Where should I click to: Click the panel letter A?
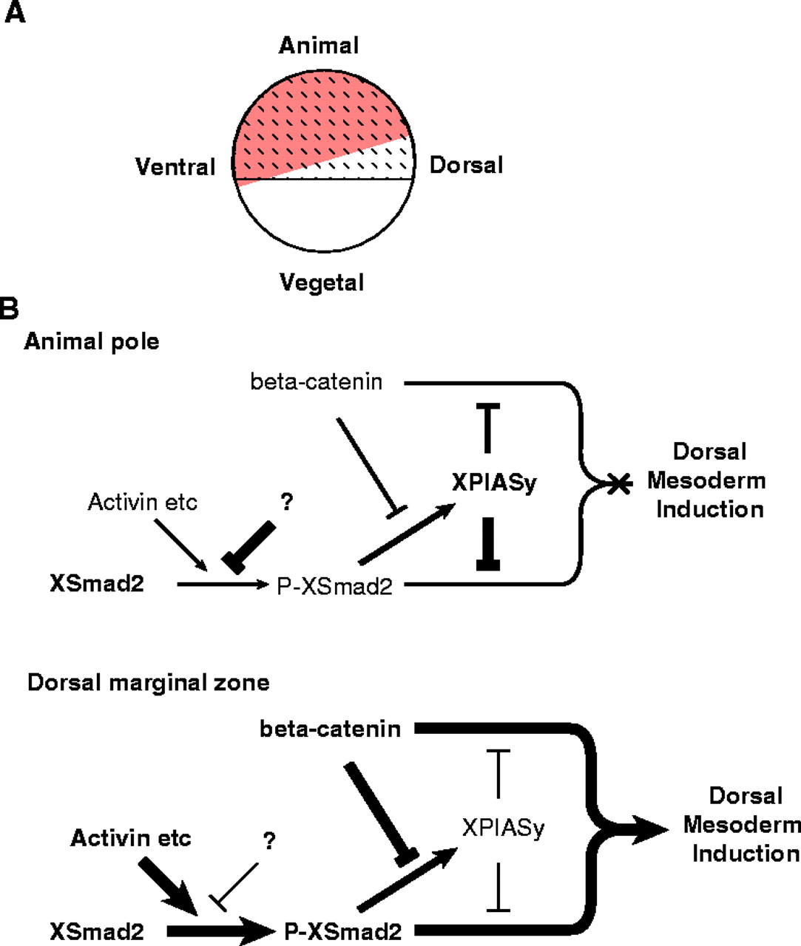click(x=15, y=13)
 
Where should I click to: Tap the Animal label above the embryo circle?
click(x=319, y=45)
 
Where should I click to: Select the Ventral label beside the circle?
click(x=175, y=166)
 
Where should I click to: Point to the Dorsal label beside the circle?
click(x=466, y=164)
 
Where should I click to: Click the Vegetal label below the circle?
click(x=322, y=282)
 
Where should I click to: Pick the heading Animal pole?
click(x=92, y=341)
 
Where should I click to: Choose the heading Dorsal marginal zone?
click(x=148, y=682)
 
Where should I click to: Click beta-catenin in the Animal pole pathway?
click(x=317, y=382)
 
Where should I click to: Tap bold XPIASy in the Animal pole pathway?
click(x=495, y=483)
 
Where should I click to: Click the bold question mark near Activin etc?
click(x=287, y=503)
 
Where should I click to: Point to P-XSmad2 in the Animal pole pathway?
click(x=335, y=586)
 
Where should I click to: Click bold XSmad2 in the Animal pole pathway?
click(x=97, y=584)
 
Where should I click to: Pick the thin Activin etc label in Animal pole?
click(x=143, y=503)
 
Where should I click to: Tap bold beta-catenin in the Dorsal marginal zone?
click(x=330, y=729)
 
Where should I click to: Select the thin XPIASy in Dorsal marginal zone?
click(x=503, y=827)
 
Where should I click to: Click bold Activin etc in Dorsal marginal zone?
click(x=131, y=837)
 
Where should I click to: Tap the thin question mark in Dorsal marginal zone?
click(x=269, y=840)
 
